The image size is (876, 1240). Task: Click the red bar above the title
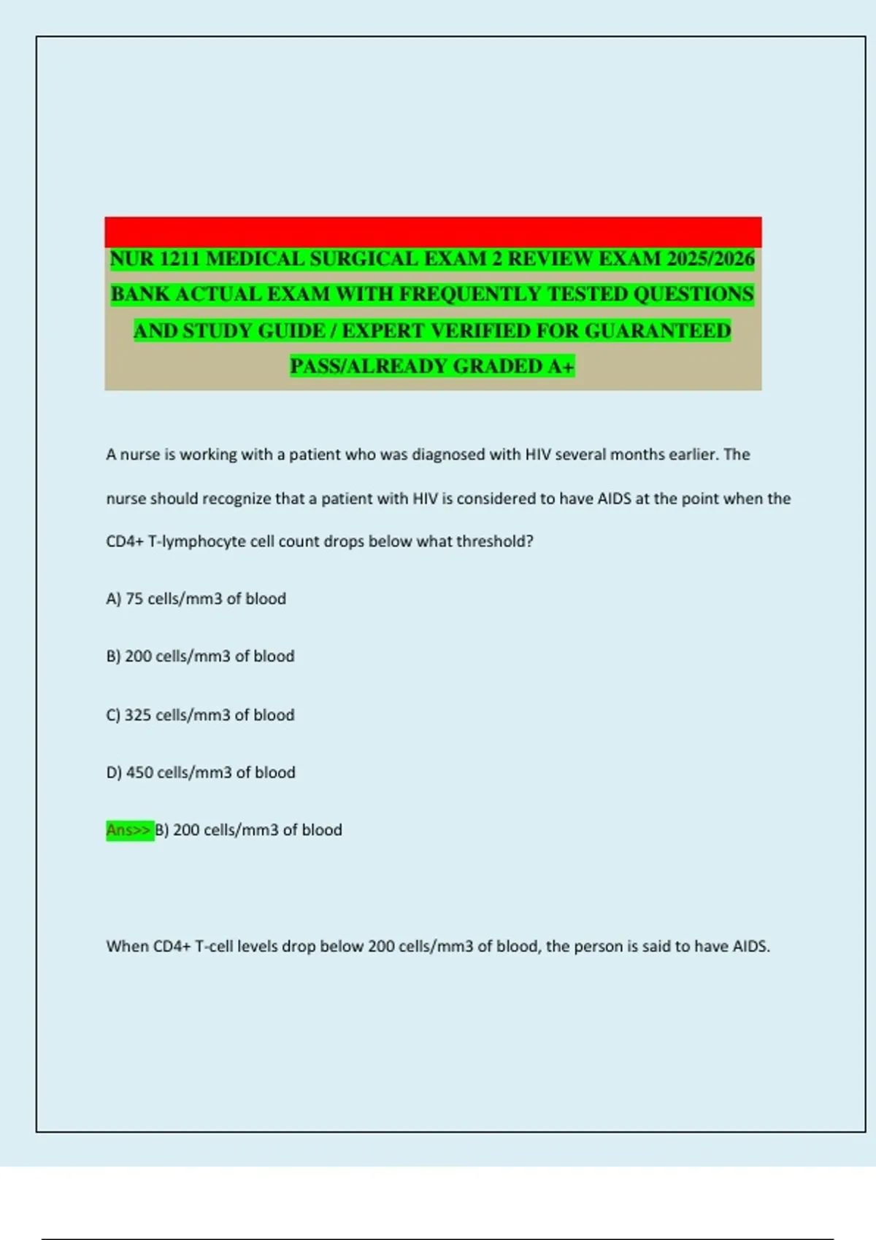click(433, 231)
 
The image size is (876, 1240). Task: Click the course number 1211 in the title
click(179, 259)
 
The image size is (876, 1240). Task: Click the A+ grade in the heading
click(561, 366)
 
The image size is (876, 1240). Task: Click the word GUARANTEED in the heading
click(657, 331)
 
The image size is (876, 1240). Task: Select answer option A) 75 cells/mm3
click(196, 599)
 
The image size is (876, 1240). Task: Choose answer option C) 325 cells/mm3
click(200, 715)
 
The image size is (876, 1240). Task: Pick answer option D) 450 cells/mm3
click(201, 772)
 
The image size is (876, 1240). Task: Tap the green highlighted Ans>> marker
click(129, 830)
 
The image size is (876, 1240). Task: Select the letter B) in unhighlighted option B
click(113, 656)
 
